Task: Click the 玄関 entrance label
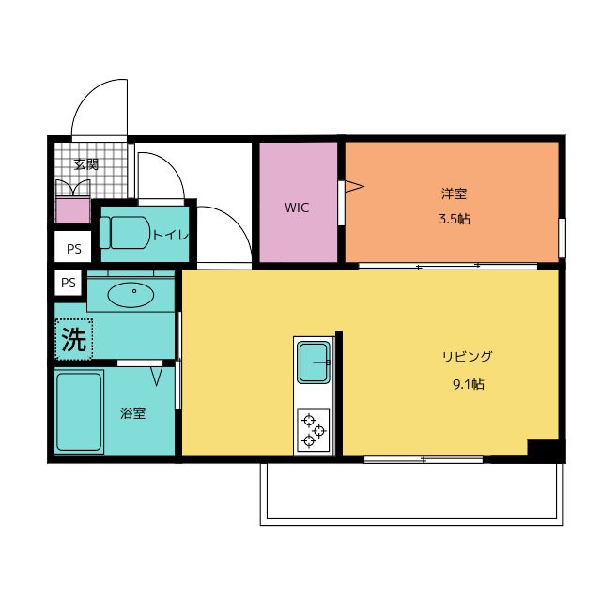[85, 163]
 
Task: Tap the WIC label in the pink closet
[298, 208]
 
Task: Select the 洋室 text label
[454, 194]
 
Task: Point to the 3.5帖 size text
[454, 219]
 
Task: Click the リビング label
[467, 357]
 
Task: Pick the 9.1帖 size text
[467, 383]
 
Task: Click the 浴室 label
[132, 412]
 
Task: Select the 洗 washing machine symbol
[73, 339]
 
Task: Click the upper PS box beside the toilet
[73, 249]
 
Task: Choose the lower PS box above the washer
[69, 282]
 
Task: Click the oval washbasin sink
[133, 295]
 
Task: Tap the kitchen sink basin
[313, 362]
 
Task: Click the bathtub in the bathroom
[78, 411]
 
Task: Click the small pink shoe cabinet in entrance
[72, 212]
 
